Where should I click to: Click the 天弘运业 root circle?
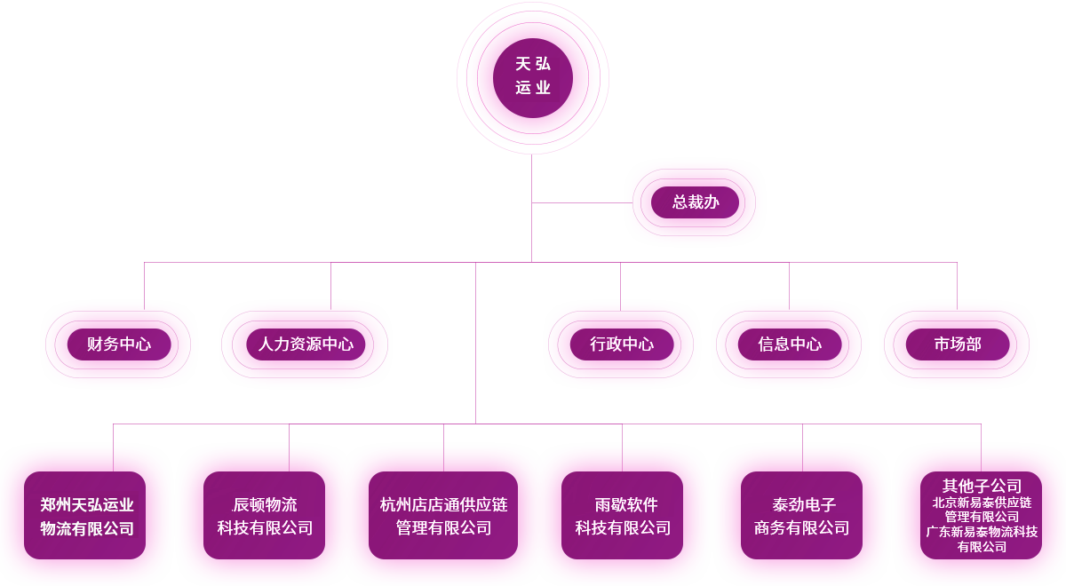pyautogui.click(x=532, y=78)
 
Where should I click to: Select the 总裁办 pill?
pyautogui.click(x=695, y=202)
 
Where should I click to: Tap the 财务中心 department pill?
pyautogui.click(x=119, y=344)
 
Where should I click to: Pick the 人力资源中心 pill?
pyautogui.click(x=306, y=344)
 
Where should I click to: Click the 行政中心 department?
pyautogui.click(x=622, y=344)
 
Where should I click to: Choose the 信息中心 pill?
pyautogui.click(x=790, y=344)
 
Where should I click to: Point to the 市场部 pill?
pyautogui.click(x=958, y=344)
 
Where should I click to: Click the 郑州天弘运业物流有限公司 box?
pyautogui.click(x=84, y=515)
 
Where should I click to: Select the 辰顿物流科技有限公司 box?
pyautogui.click(x=264, y=515)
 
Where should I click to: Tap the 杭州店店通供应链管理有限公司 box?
pyautogui.click(x=443, y=515)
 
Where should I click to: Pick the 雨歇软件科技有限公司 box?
pyautogui.click(x=622, y=515)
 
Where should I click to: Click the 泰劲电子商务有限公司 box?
pyautogui.click(x=801, y=515)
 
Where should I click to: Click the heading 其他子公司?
pyautogui.click(x=982, y=486)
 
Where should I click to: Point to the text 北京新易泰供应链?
pyautogui.click(x=982, y=503)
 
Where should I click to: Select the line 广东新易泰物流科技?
pyautogui.click(x=982, y=531)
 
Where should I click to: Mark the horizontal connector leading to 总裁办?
pyautogui.click(x=582, y=202)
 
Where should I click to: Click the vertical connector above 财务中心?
pyautogui.click(x=144, y=286)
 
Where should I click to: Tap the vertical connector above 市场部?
pyautogui.click(x=957, y=286)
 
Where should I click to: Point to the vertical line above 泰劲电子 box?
pyautogui.click(x=802, y=447)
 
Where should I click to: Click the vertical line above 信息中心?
pyautogui.click(x=789, y=286)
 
